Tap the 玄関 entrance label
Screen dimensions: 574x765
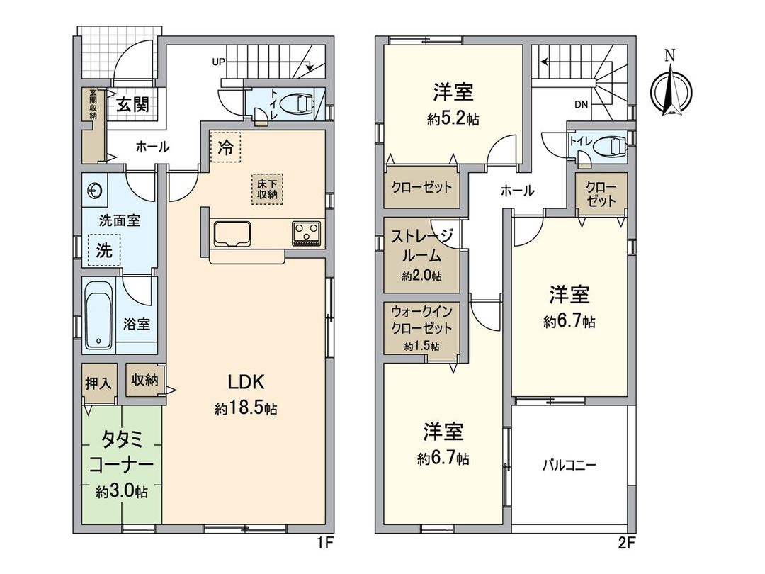132,105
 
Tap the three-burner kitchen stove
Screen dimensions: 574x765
307,232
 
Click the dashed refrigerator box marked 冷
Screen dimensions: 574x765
225,147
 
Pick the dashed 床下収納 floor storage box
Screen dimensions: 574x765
267,188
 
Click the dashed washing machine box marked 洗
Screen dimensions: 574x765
103,250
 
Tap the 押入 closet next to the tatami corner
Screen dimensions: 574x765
98,383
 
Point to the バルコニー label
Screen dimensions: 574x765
569,466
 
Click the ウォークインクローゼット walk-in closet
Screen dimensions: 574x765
421,328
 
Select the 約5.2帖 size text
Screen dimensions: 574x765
453,120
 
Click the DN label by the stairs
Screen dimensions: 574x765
581,105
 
